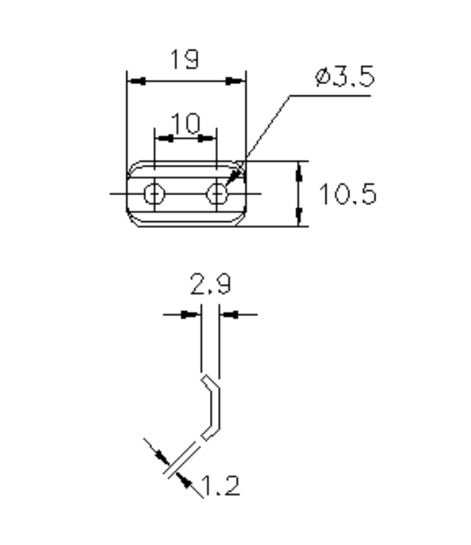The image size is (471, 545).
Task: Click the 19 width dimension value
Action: click(x=184, y=61)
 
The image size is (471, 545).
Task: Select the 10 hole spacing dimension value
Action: click(x=185, y=124)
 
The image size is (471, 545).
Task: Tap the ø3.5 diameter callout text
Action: click(x=344, y=78)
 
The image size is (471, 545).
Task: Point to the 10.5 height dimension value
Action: click(x=347, y=195)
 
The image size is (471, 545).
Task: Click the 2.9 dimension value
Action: click(x=210, y=286)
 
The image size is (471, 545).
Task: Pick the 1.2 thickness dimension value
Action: click(x=220, y=486)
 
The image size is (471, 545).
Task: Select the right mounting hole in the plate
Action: click(x=217, y=194)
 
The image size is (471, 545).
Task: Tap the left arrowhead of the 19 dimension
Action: click(x=136, y=81)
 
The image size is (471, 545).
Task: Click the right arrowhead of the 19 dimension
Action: click(x=236, y=81)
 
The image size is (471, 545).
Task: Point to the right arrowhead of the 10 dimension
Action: click(x=208, y=139)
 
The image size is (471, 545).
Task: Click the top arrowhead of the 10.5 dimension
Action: click(x=299, y=170)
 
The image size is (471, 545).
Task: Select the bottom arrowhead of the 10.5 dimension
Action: click(x=299, y=217)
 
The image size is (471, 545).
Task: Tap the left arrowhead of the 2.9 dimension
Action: click(x=191, y=314)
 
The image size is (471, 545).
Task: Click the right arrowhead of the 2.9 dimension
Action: click(x=230, y=314)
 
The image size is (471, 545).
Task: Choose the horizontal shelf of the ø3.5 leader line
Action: click(x=330, y=96)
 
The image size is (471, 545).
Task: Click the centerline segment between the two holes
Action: click(x=186, y=194)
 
